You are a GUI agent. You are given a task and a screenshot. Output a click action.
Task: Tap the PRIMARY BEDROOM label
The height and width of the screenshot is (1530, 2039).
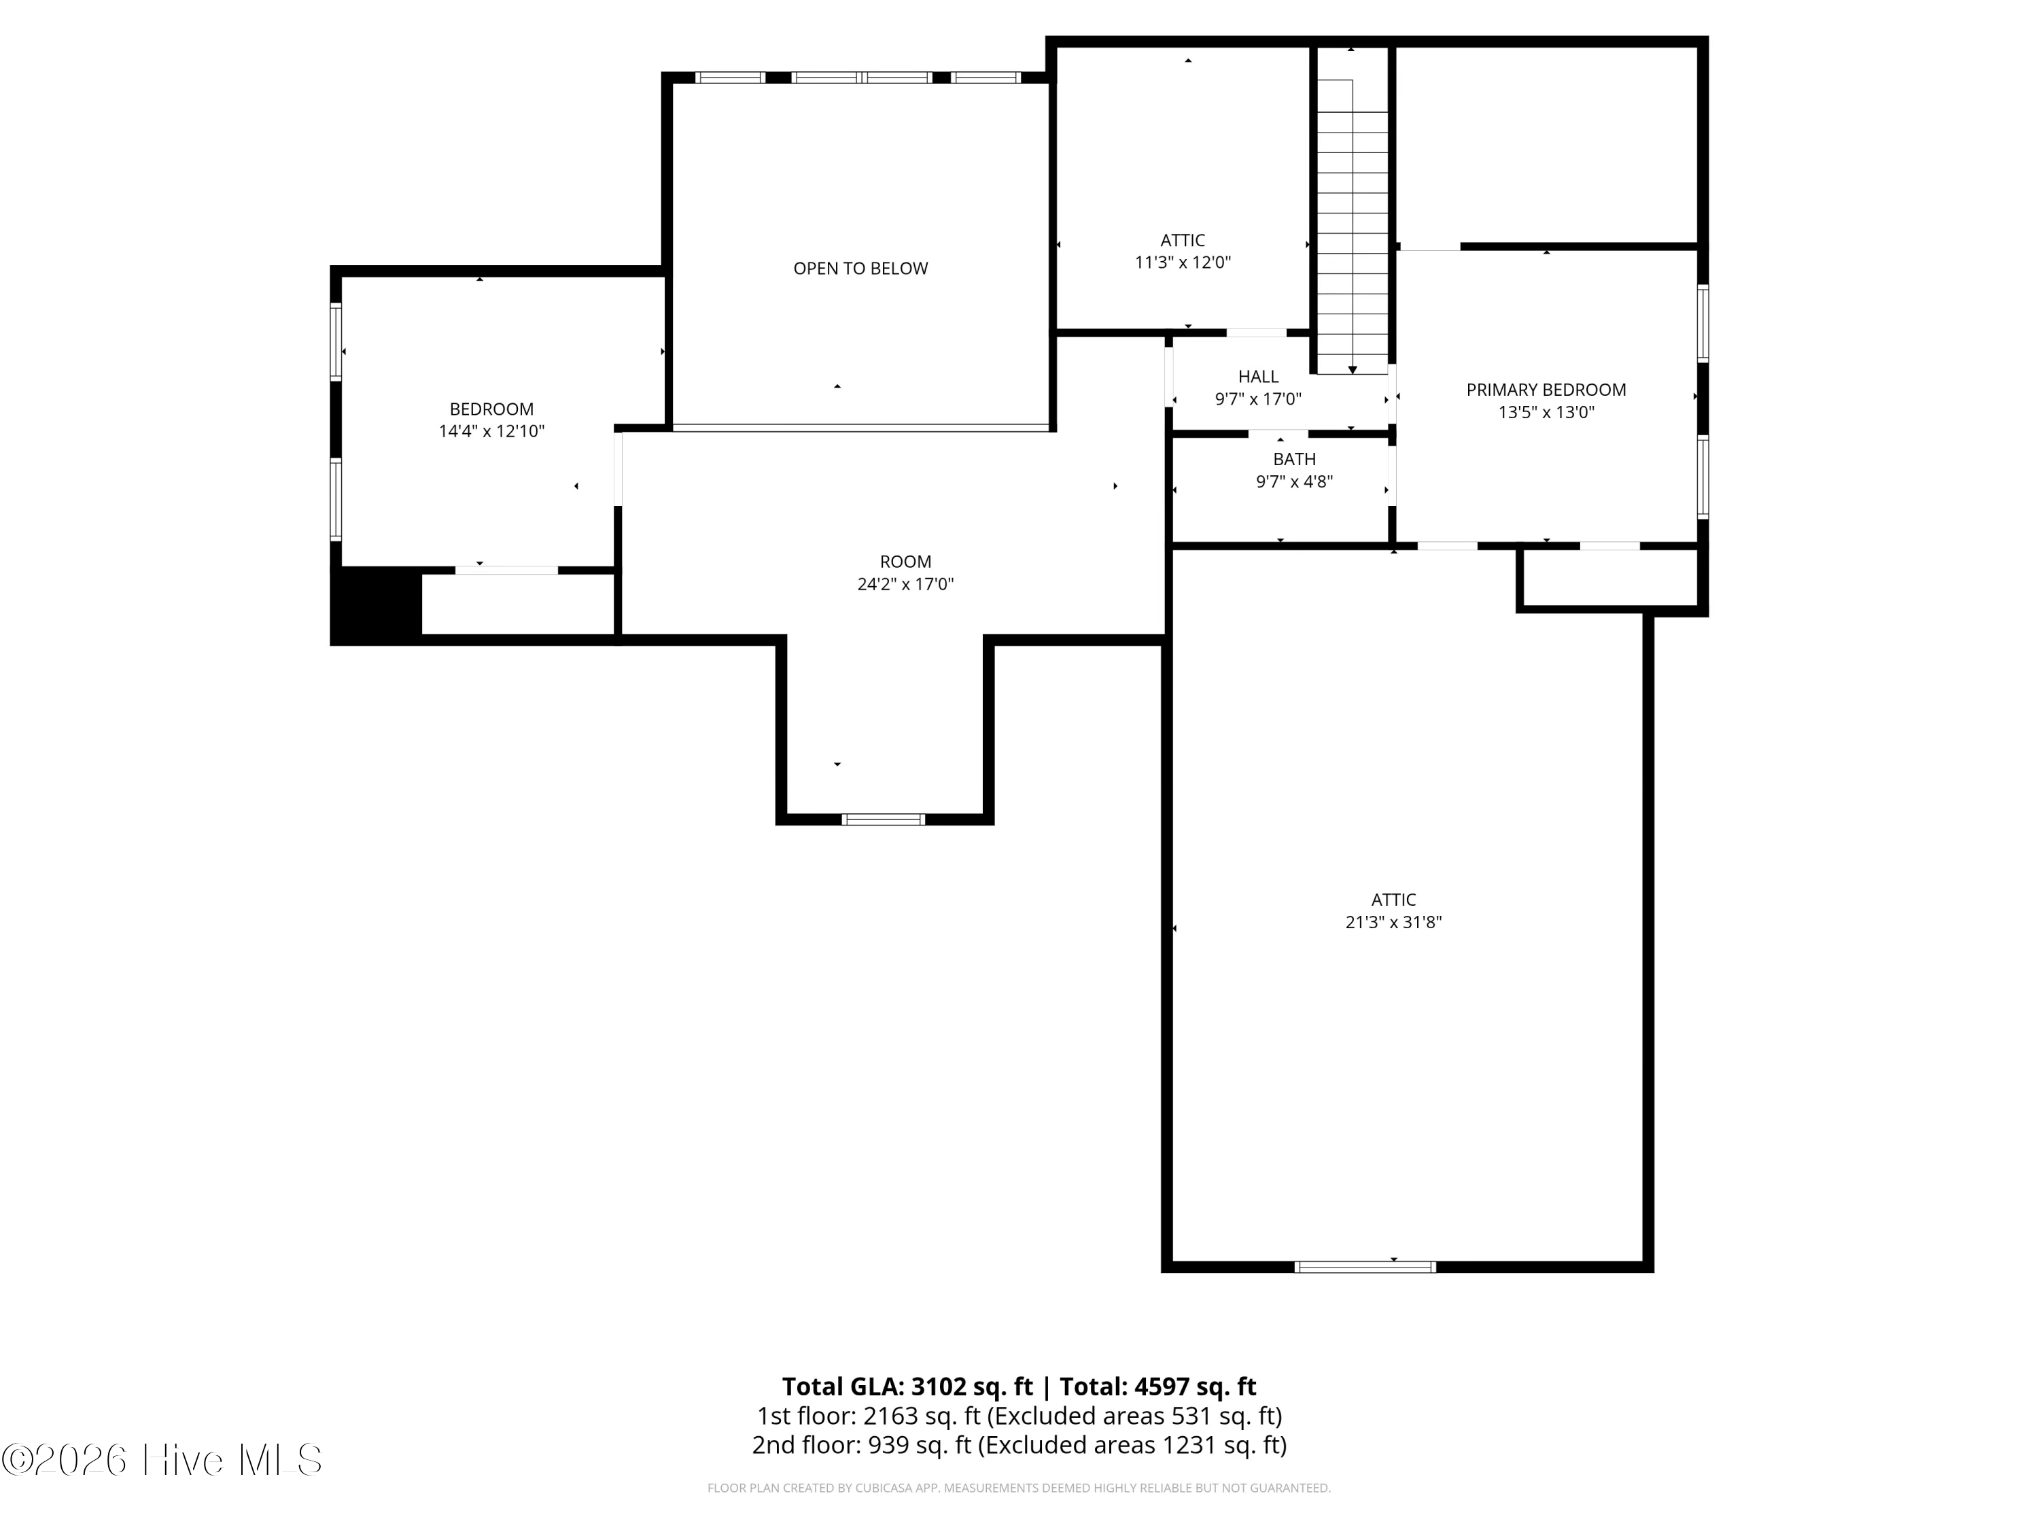pos(1546,390)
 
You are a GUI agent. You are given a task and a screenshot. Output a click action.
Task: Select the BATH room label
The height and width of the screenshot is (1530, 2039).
pos(1294,459)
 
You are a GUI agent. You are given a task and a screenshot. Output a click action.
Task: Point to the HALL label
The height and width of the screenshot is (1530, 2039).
pos(1258,376)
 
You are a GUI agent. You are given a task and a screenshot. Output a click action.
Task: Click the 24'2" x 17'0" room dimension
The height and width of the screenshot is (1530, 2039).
pos(905,583)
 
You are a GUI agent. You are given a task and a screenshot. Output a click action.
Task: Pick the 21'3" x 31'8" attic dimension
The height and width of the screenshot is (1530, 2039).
pos(1393,921)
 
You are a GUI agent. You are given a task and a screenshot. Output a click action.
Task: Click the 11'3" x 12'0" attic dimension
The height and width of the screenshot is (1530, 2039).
pos(1183,262)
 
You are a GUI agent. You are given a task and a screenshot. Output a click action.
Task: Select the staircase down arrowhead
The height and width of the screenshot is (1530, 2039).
pos(1353,370)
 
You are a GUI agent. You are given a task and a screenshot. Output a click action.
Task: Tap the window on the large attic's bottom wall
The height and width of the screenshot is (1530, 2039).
pos(1365,1266)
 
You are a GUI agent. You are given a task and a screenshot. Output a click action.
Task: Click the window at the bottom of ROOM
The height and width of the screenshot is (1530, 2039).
pos(883,819)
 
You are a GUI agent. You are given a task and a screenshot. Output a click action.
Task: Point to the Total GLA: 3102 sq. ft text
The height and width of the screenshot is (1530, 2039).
pos(907,1387)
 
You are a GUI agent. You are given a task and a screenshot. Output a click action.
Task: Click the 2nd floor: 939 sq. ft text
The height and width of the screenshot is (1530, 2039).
pos(862,1445)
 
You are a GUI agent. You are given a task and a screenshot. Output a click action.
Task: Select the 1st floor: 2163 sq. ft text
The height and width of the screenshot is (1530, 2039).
pos(869,1416)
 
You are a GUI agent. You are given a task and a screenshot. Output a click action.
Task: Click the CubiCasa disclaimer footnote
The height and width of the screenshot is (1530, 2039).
pos(1019,1489)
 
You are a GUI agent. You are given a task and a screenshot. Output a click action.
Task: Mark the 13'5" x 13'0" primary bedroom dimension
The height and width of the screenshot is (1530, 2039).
pos(1546,412)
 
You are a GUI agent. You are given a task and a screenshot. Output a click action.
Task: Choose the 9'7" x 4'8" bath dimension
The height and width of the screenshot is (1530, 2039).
pos(1294,481)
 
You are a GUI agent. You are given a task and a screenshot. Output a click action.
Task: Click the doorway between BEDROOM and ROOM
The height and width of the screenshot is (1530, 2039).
pos(618,469)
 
